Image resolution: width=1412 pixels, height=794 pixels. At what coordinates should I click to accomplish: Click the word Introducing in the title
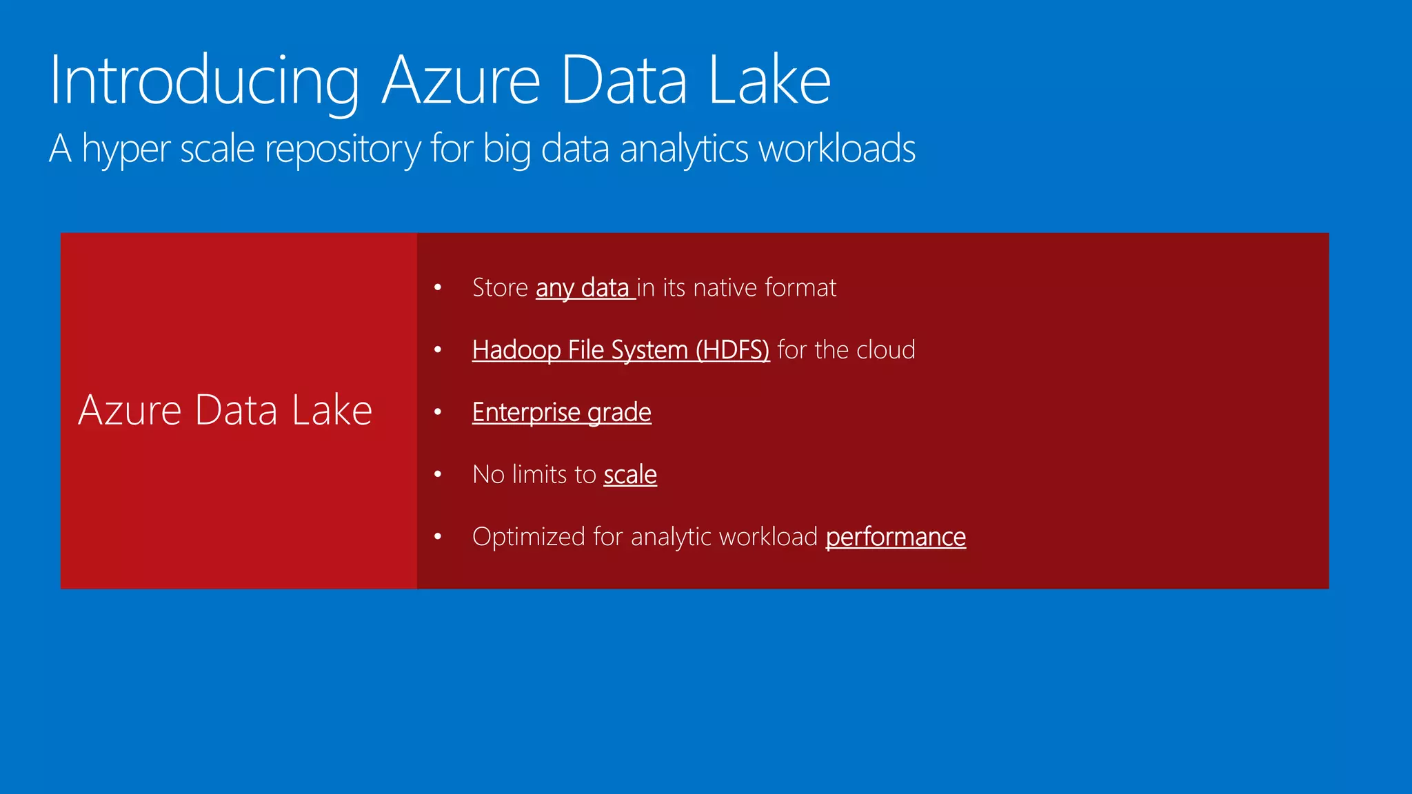[204, 81]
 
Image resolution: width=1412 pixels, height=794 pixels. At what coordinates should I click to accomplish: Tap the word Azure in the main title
[461, 81]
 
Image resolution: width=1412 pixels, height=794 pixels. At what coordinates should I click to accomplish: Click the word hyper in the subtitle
[126, 149]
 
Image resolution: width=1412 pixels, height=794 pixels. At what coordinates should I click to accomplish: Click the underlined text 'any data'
[583, 287]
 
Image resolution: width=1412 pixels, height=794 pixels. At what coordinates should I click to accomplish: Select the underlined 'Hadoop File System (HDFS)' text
[621, 350]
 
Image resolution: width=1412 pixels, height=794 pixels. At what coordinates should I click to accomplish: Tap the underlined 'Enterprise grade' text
[561, 412]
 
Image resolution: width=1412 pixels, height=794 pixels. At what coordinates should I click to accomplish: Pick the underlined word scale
[630, 474]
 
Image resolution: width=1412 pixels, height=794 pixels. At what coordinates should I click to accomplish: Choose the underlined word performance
[896, 536]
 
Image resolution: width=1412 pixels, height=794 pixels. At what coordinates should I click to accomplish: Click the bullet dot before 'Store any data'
[438, 287]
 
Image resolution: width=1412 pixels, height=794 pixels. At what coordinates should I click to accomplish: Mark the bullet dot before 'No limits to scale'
[438, 474]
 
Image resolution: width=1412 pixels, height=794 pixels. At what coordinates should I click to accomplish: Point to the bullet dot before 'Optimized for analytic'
[438, 536]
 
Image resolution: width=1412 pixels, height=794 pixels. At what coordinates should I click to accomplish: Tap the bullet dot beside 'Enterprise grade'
[438, 412]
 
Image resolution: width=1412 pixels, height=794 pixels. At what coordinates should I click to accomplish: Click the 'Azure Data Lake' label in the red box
[225, 410]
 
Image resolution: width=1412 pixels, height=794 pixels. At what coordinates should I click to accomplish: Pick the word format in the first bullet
[800, 287]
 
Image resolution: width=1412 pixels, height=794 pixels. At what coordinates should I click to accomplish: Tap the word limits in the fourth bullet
[540, 474]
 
